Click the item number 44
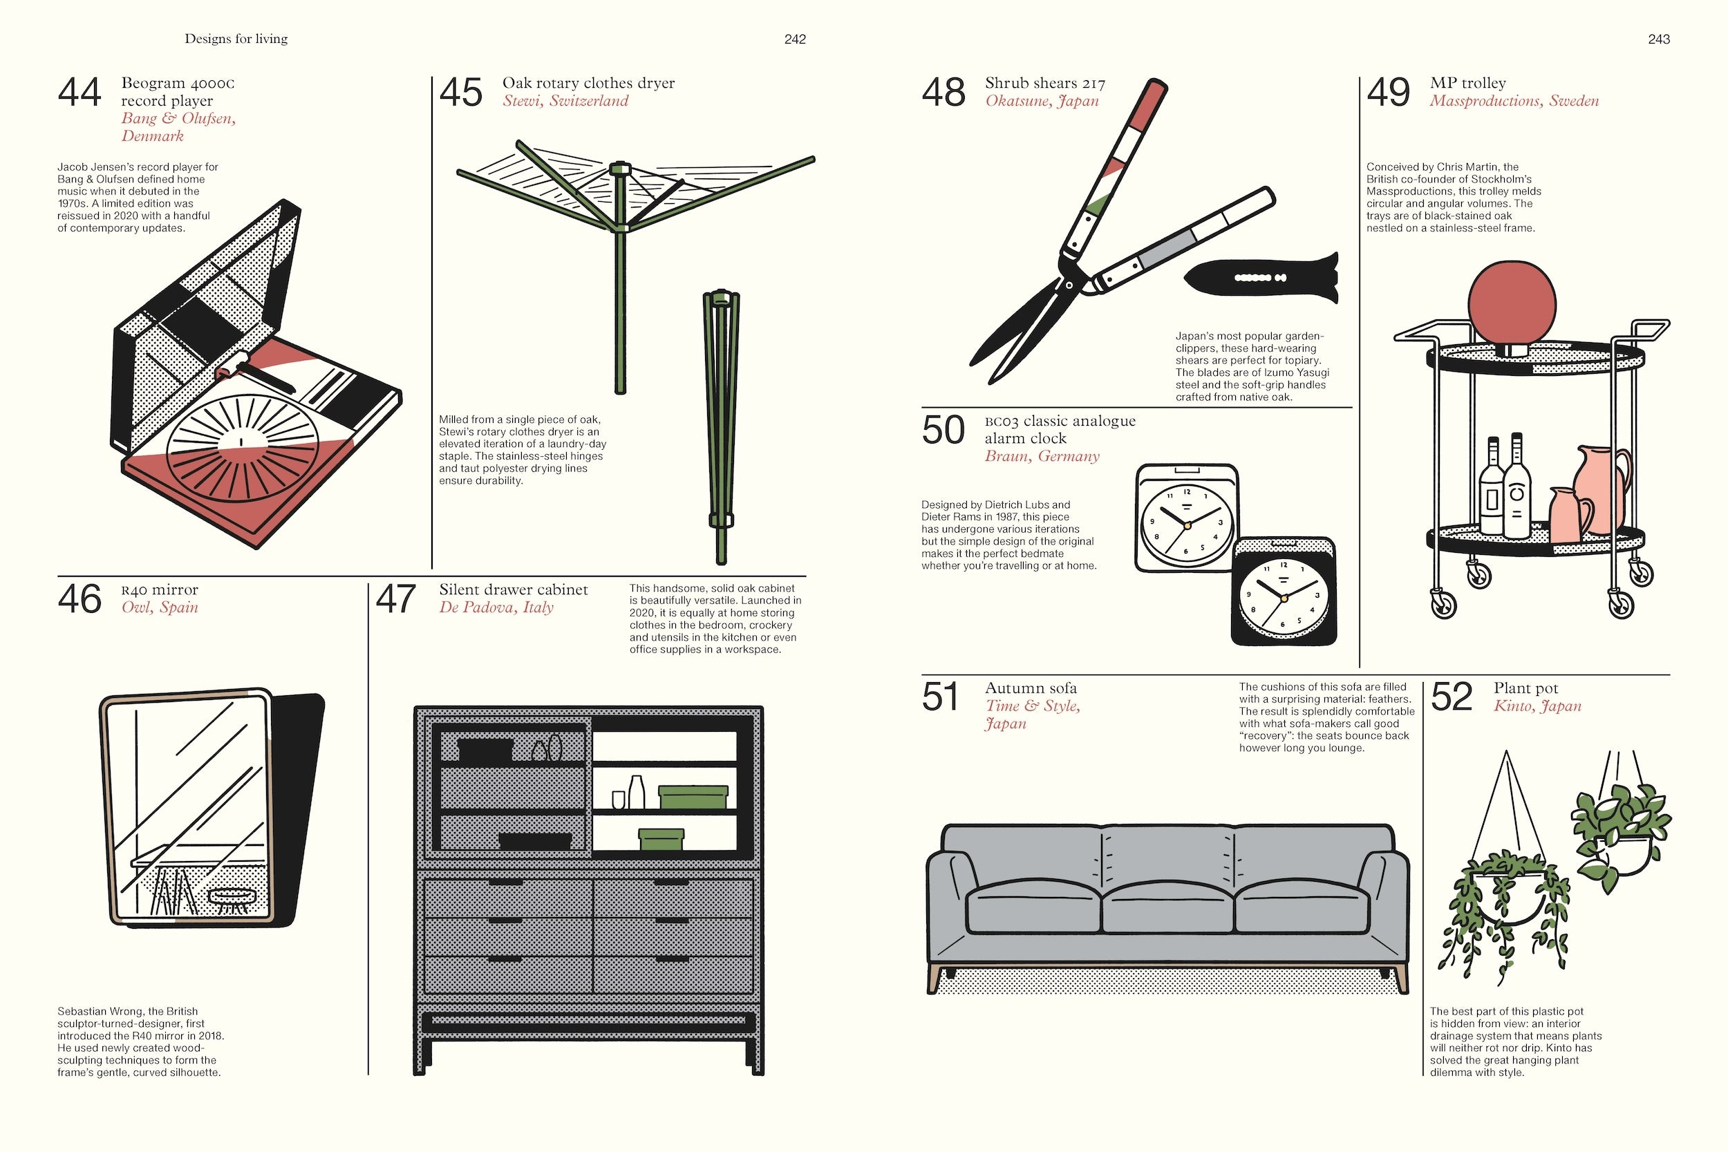coord(79,93)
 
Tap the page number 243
coord(1658,39)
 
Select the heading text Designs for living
coord(236,39)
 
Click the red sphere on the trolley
coord(1511,302)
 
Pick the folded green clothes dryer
coord(720,426)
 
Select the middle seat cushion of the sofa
coord(1167,908)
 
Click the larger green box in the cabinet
coord(692,797)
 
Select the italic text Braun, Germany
coord(1042,456)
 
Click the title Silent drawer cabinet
coord(513,590)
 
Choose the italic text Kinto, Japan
coord(1537,706)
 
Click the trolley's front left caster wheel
coord(1445,604)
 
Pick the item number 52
coord(1451,697)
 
